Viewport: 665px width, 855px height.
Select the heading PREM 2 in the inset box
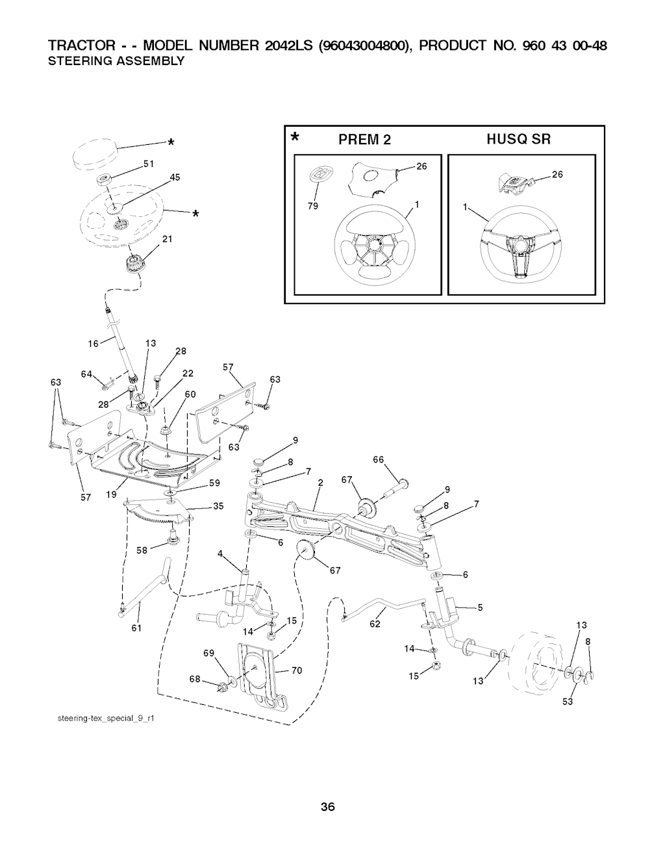pyautogui.click(x=364, y=139)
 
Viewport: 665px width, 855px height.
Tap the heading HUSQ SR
pyautogui.click(x=519, y=139)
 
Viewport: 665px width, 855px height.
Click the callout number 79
pyautogui.click(x=312, y=208)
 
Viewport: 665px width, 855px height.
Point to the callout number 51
pyautogui.click(x=147, y=164)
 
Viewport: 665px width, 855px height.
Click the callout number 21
pyautogui.click(x=166, y=239)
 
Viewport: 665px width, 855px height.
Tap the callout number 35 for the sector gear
pyautogui.click(x=218, y=507)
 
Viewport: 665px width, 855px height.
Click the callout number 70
pyautogui.click(x=297, y=671)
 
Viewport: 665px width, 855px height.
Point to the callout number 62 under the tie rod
pyautogui.click(x=375, y=625)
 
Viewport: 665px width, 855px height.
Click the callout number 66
pyautogui.click(x=378, y=459)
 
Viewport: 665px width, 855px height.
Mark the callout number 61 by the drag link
pyautogui.click(x=136, y=628)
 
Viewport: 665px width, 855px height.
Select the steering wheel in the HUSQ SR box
pyautogui.click(x=521, y=246)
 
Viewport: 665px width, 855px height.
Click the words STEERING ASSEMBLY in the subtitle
pyautogui.click(x=118, y=61)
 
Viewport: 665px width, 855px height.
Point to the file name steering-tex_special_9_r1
pyautogui.click(x=104, y=719)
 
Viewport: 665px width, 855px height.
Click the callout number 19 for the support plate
pyautogui.click(x=111, y=494)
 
